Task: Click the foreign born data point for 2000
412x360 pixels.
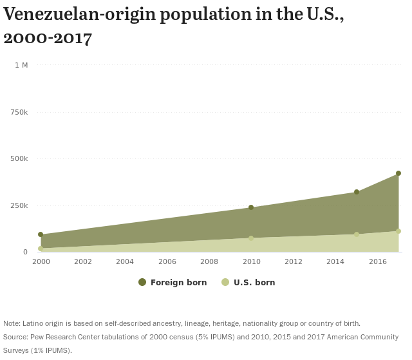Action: pos(41,235)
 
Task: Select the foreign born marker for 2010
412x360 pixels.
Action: pos(251,207)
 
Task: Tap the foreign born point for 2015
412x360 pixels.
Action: pos(357,192)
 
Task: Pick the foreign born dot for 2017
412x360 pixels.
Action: pos(398,173)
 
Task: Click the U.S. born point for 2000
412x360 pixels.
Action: pos(41,249)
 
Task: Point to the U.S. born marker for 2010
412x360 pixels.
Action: pos(251,238)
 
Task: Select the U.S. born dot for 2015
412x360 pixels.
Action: pos(357,234)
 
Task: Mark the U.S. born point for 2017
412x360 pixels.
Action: pos(398,231)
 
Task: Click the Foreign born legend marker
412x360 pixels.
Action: pos(142,282)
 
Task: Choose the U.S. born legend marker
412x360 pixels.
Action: pos(225,282)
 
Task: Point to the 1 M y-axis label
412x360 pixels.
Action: pos(21,65)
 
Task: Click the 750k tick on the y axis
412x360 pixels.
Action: pos(19,112)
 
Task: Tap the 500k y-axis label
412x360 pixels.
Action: pos(19,158)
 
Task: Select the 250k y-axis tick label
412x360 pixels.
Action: pos(19,205)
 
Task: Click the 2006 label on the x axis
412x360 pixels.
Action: pos(167,261)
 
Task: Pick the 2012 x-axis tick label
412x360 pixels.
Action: pos(293,261)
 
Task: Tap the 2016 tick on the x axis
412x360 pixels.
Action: pos(377,261)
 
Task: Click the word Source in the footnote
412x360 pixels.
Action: pos(15,337)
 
